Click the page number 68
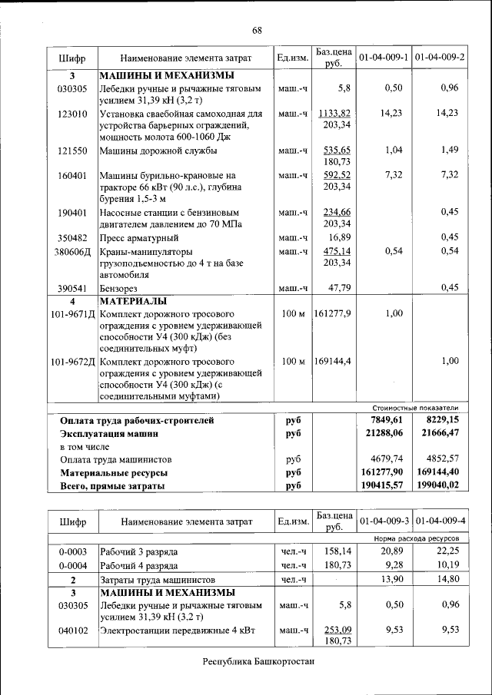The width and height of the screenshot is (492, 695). [257, 30]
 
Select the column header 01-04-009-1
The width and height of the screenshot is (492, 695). [382, 58]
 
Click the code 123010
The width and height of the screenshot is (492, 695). [72, 113]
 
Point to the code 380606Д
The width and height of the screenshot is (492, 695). [72, 251]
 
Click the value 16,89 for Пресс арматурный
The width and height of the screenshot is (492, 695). [340, 237]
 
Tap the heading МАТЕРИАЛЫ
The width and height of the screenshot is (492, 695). [135, 301]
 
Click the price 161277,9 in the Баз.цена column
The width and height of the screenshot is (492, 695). [332, 313]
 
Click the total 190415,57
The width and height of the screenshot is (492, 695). [381, 485]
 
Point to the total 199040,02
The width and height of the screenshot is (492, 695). [437, 485]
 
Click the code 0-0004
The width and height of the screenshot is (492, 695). [72, 565]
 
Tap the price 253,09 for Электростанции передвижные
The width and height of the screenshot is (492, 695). [337, 630]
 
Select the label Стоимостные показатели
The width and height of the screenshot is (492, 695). [414, 408]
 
